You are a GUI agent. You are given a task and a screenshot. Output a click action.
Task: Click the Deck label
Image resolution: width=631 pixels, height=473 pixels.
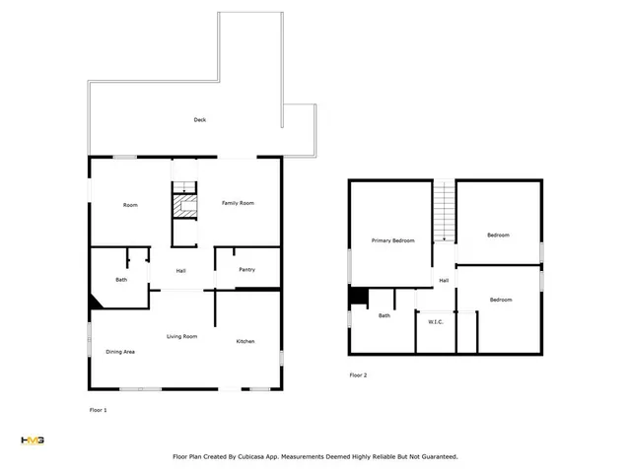coord(200,120)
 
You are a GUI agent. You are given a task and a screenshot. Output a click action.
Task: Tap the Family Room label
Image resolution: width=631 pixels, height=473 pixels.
coord(238,203)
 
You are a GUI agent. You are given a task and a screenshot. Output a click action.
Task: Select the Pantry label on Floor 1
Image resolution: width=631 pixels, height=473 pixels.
coord(247,269)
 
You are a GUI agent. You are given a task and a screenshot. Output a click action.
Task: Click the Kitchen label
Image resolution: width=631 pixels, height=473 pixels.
coord(245,342)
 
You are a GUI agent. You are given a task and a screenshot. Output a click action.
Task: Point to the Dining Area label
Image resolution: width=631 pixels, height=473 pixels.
coord(120,352)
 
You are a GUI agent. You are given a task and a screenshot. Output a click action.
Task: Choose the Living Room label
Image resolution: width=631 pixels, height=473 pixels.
coord(181,337)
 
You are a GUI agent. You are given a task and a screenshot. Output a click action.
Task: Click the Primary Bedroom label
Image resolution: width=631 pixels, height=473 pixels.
coord(392,240)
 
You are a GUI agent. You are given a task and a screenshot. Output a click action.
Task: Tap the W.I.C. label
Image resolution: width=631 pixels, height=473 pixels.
coord(436,322)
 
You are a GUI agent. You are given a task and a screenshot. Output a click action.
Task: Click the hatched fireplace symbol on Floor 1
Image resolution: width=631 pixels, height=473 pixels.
coord(185,206)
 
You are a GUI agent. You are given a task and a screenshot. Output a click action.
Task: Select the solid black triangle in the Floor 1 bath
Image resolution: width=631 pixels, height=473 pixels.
coord(95,303)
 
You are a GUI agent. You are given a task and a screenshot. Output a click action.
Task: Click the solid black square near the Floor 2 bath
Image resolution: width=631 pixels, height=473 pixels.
coord(359,297)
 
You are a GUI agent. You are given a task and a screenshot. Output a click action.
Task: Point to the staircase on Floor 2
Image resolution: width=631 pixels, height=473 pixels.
coord(444,212)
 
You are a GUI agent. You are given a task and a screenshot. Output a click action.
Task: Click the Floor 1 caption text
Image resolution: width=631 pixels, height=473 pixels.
coord(99,410)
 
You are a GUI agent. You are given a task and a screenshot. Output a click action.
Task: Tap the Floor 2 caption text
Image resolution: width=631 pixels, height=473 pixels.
coord(358,375)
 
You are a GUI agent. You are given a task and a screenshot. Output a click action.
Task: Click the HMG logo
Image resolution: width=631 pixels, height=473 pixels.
coord(33,440)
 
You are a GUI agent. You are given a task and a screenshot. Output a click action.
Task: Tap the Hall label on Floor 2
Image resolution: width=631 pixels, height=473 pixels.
coord(444,281)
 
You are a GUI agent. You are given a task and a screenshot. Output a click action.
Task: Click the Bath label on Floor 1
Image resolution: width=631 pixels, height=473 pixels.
coord(121,280)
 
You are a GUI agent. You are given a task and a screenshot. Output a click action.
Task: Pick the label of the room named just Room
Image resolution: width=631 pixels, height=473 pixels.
coord(130,205)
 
